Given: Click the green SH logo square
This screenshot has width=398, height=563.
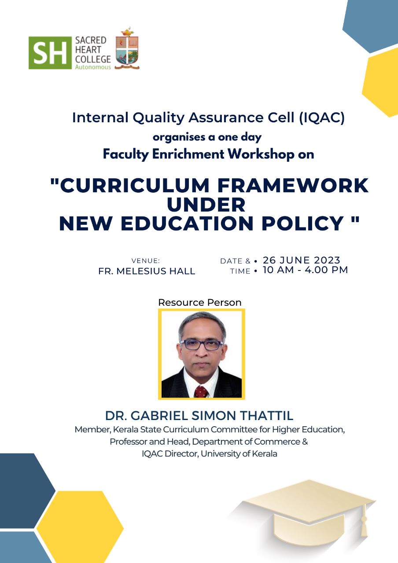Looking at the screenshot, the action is (x=50, y=53).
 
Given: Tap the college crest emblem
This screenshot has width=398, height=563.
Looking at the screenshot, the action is (x=127, y=48).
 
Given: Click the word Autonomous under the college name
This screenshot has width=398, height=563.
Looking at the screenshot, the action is (x=93, y=67).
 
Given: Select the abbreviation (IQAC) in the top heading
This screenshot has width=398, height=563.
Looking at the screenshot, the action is (x=322, y=117).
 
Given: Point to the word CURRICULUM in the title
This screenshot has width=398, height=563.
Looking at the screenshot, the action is (x=135, y=186).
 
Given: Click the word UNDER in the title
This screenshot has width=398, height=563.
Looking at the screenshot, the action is (x=206, y=205).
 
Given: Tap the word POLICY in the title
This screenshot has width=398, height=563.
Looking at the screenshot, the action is (x=302, y=223).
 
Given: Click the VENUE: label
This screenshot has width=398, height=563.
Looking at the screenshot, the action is (x=146, y=261).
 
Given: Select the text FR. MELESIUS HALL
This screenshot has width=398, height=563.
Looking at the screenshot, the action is (x=147, y=271).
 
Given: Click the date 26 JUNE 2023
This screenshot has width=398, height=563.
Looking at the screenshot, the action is (x=302, y=260).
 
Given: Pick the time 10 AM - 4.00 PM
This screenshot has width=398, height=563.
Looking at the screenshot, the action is (x=305, y=270).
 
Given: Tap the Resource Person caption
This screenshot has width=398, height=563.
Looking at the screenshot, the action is (x=200, y=302).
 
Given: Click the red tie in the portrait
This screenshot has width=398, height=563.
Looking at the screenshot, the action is (x=201, y=391).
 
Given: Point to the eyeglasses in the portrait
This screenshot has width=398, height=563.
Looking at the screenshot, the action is (x=202, y=345).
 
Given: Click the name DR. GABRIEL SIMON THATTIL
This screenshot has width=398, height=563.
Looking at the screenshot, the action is (x=199, y=416).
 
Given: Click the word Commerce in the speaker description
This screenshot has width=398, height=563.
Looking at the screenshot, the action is (x=277, y=442).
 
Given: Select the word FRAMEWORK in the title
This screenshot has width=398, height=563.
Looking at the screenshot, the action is (x=293, y=186).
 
